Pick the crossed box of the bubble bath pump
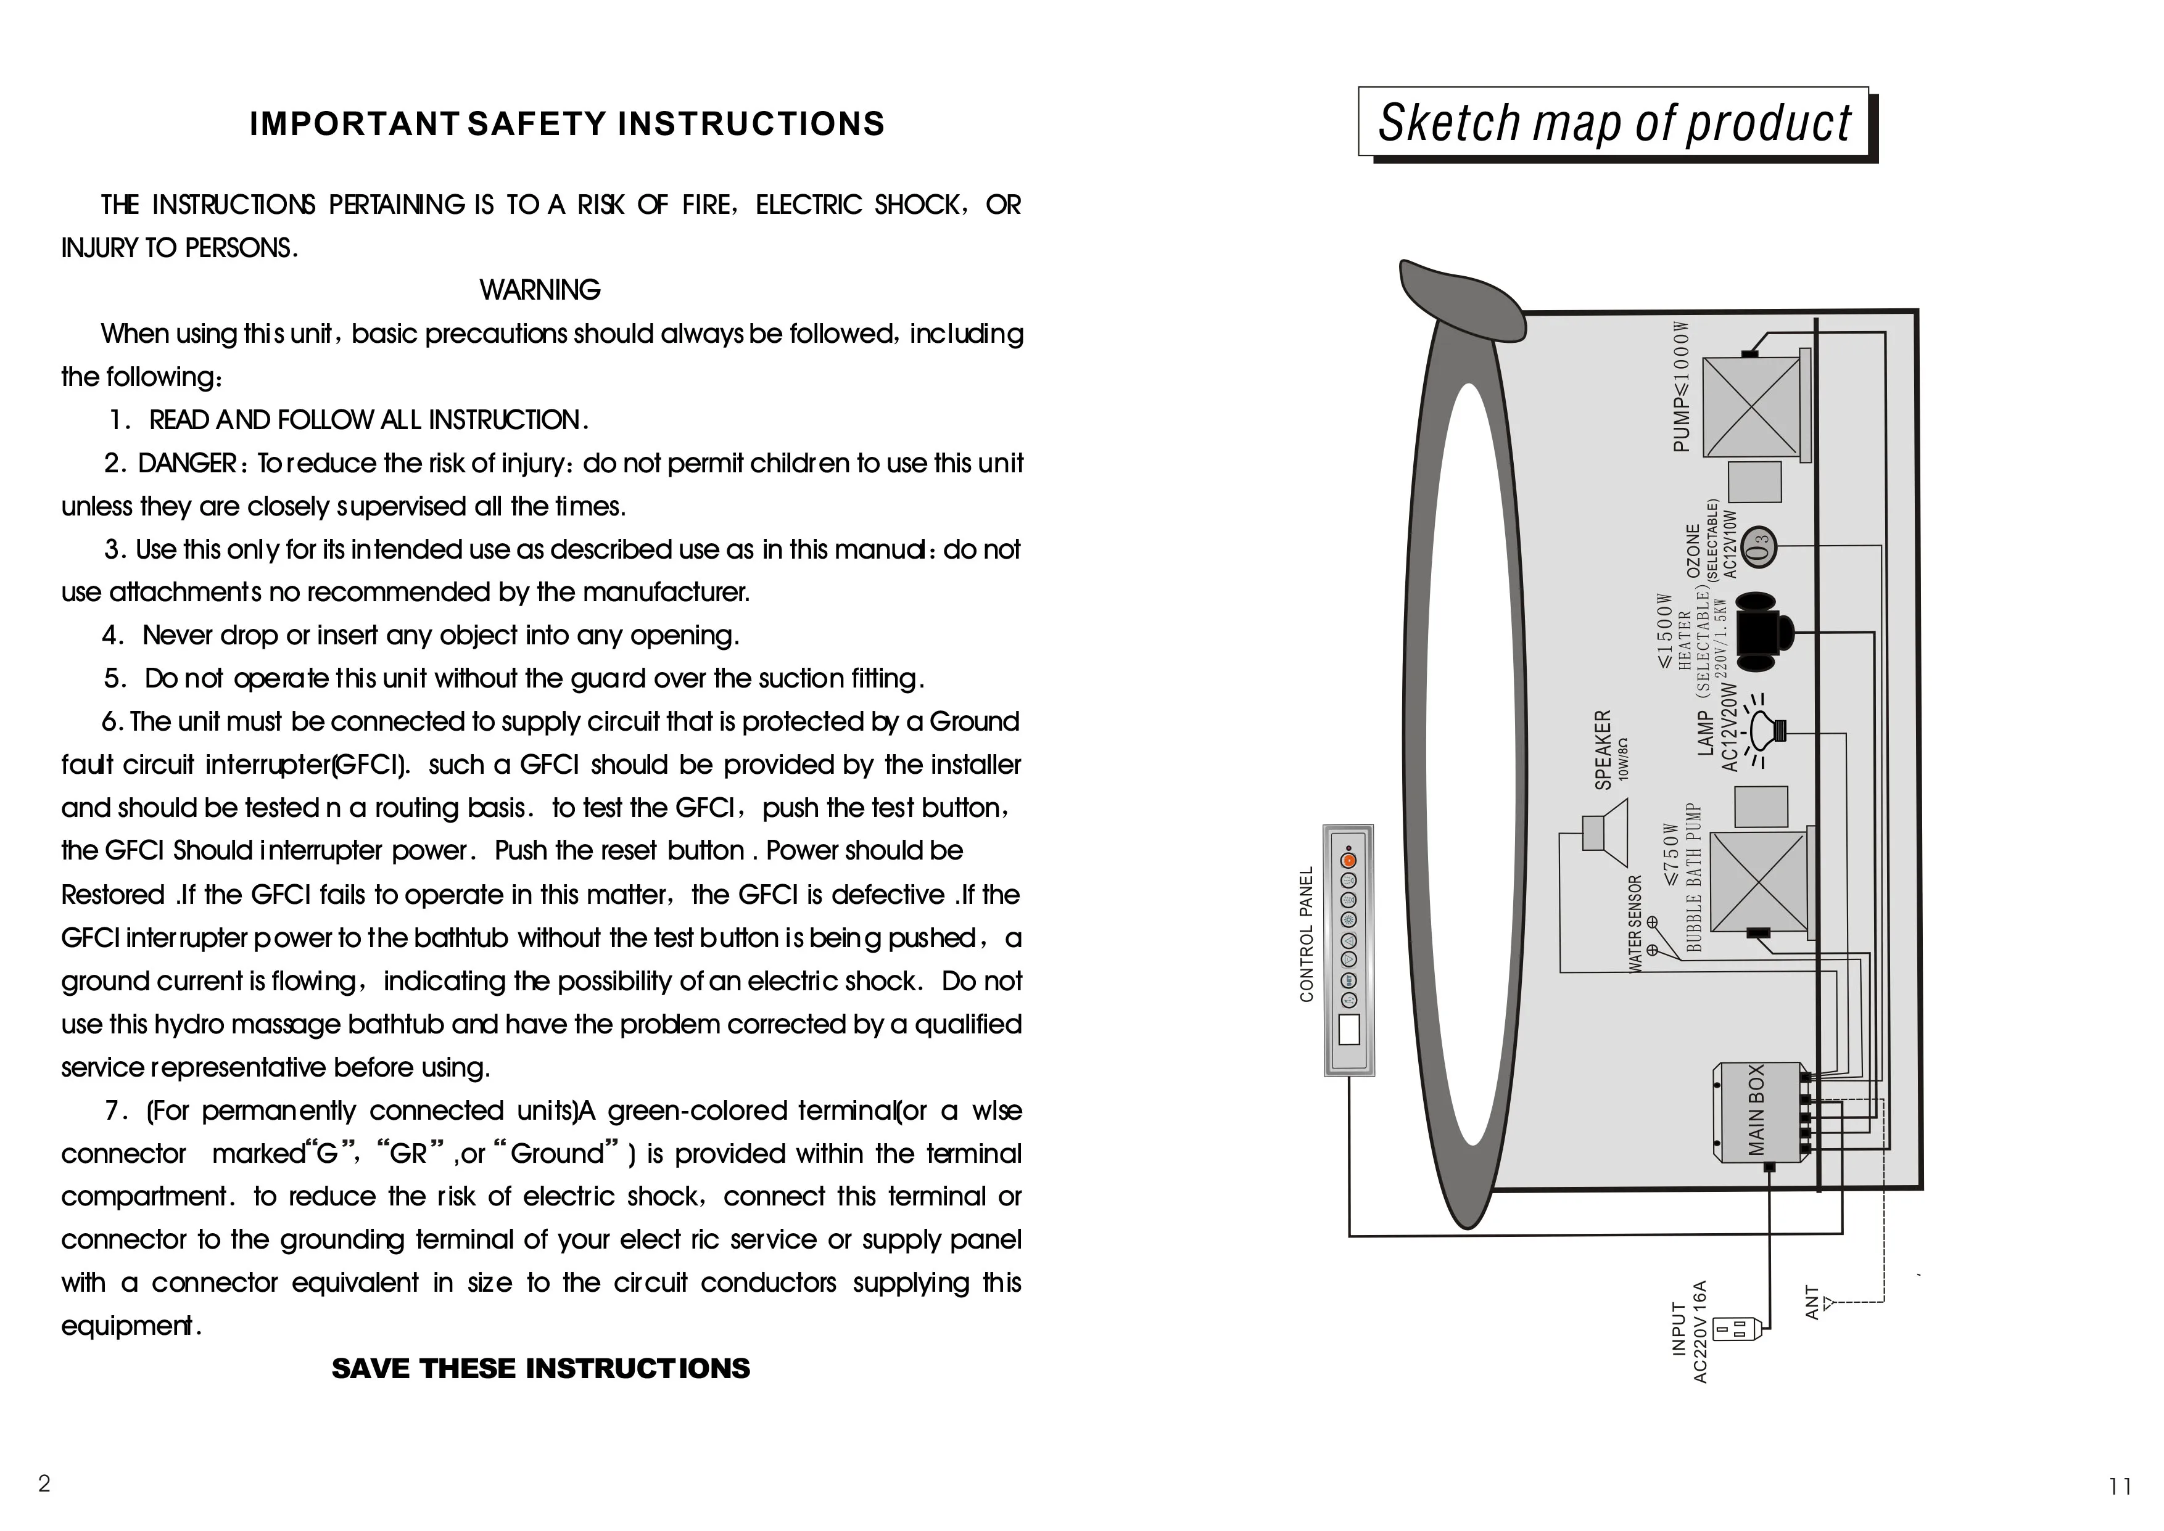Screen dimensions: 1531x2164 1757,884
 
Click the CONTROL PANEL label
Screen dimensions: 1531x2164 1307,934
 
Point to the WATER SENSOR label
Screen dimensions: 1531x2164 1635,924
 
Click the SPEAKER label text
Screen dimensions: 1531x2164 1603,750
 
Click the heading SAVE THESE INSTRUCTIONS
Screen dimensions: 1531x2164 540,1368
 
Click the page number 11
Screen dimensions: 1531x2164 2120,1487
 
